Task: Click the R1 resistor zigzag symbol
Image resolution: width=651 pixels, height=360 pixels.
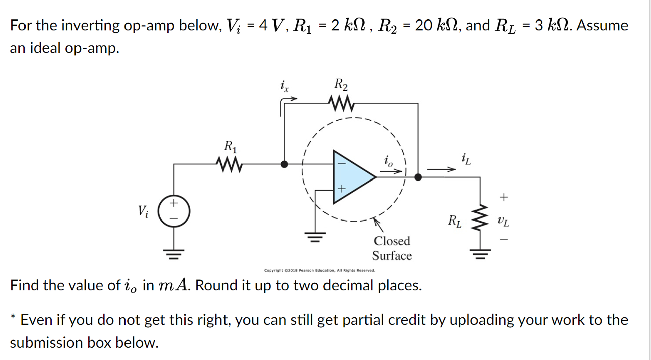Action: [230, 164]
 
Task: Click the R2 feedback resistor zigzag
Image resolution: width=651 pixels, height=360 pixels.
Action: [341, 103]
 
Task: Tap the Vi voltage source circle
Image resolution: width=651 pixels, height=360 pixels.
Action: [174, 211]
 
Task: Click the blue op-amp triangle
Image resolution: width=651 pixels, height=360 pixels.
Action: [351, 177]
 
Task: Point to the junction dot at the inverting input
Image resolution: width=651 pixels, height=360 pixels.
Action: [284, 164]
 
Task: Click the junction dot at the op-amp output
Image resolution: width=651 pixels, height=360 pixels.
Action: [418, 177]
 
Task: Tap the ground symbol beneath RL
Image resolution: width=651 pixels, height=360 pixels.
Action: [480, 254]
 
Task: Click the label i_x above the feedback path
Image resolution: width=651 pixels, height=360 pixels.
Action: [284, 86]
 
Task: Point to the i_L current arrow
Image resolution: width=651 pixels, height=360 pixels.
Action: [441, 169]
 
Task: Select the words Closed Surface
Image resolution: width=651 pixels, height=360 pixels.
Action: [392, 248]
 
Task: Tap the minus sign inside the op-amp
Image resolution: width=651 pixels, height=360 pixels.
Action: [342, 164]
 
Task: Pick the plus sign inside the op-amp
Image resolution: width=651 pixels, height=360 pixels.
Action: [342, 188]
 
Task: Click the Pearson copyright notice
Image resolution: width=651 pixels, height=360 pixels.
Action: [319, 270]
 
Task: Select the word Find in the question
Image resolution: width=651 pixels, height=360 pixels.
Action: [24, 285]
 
